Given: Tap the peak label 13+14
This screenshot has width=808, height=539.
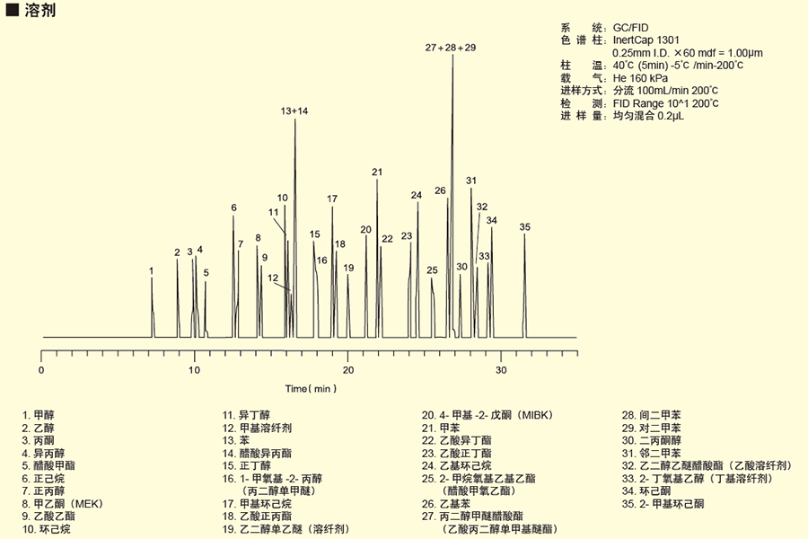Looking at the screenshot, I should point(294,111).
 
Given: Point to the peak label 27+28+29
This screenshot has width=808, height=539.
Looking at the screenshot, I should point(451,48).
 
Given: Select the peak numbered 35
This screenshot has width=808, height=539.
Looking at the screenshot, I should point(525,226).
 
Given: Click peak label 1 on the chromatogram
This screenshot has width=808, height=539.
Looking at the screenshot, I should point(152,270).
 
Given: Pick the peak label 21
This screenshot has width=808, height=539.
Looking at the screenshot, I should point(377,172).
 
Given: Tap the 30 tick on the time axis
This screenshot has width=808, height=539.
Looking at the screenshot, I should point(501,370).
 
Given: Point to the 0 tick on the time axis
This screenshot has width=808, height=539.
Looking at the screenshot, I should point(41,370).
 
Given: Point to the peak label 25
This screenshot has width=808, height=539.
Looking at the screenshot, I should point(432,270).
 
